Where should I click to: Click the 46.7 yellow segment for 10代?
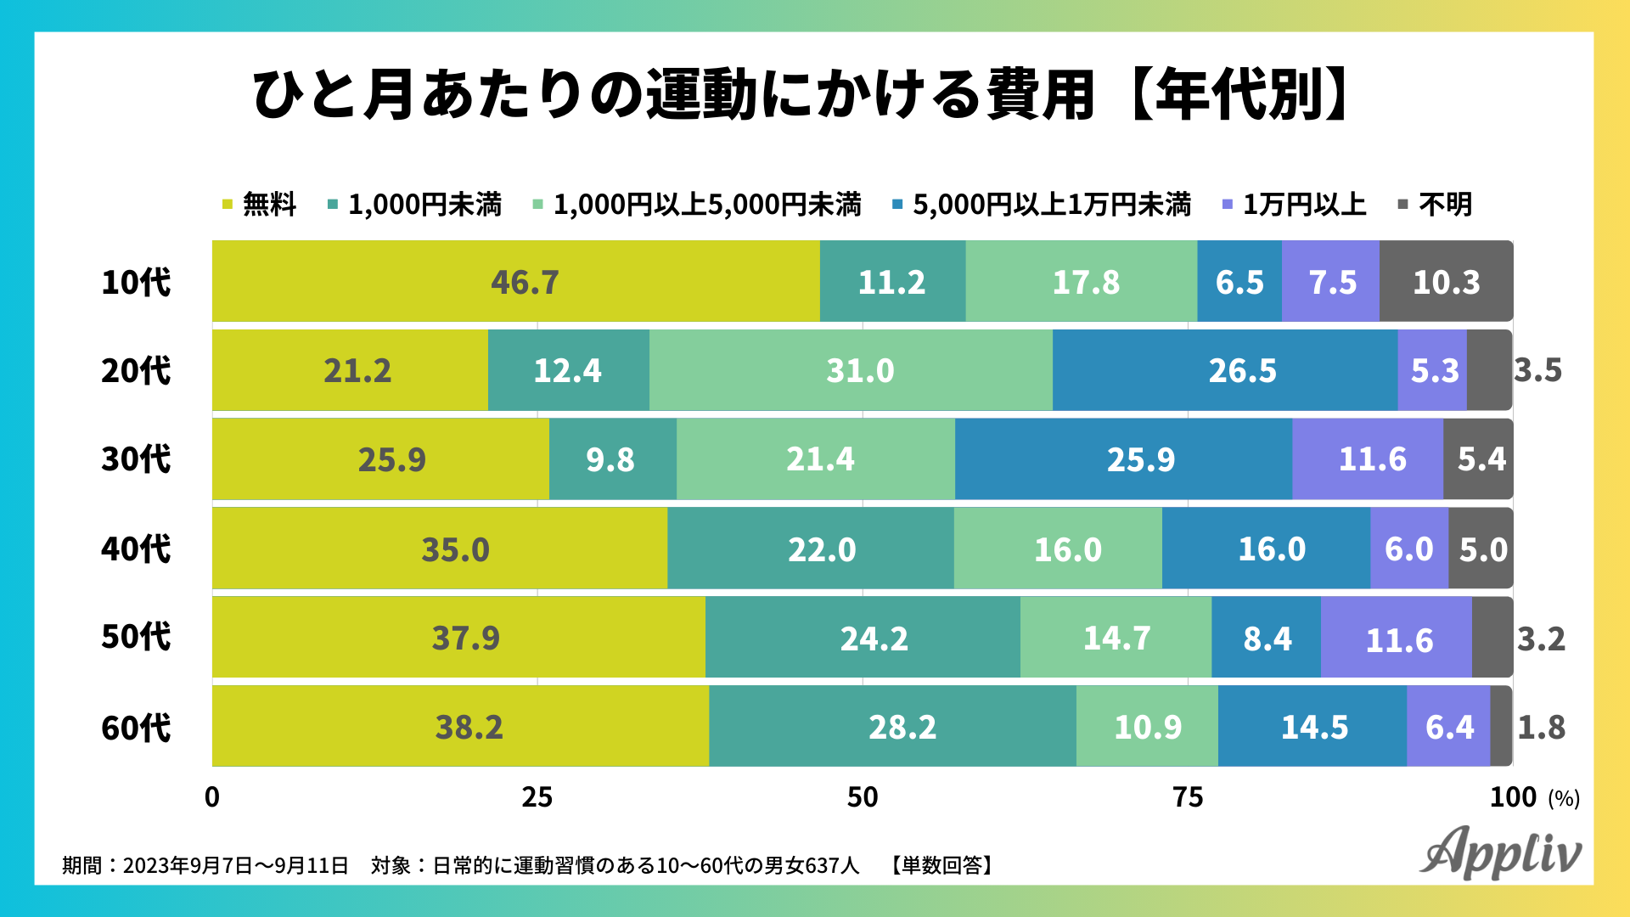pyautogui.click(x=515, y=282)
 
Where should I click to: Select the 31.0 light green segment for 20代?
pyautogui.click(x=851, y=371)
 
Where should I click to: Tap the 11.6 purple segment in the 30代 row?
pyautogui.click(x=1368, y=459)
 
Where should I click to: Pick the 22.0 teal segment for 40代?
pyautogui.click(x=811, y=549)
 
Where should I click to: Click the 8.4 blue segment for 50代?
pyautogui.click(x=1266, y=638)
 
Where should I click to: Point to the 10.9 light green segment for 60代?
pyautogui.click(x=1147, y=727)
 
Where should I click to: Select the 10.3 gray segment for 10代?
pyautogui.click(x=1446, y=282)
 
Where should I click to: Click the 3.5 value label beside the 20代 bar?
pyautogui.click(x=1538, y=371)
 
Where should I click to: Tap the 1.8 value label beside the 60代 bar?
pyautogui.click(x=1541, y=728)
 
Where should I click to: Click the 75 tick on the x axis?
pyautogui.click(x=1188, y=797)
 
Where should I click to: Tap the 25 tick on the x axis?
pyautogui.click(x=537, y=797)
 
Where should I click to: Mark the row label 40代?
pyautogui.click(x=136, y=549)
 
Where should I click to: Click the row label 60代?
pyautogui.click(x=136, y=728)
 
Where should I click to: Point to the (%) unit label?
pyautogui.click(x=1564, y=799)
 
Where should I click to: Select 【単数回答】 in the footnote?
pyautogui.click(x=941, y=865)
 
